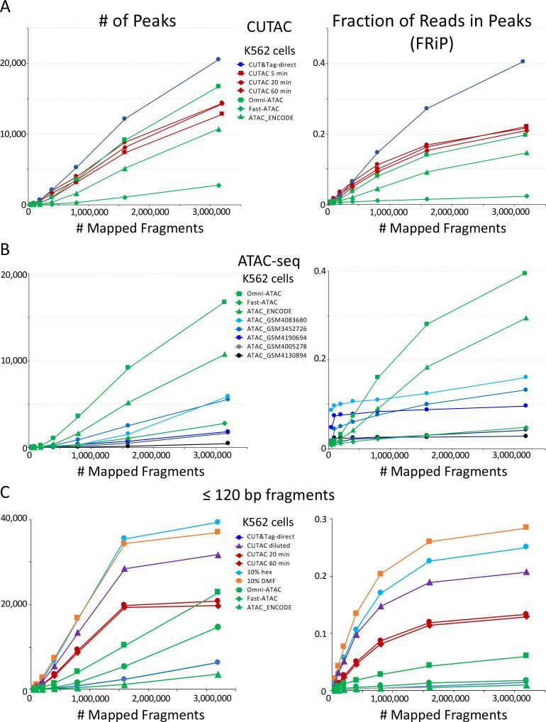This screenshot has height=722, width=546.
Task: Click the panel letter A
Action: pos(7,8)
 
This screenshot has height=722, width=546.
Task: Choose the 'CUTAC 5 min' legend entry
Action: pos(270,74)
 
